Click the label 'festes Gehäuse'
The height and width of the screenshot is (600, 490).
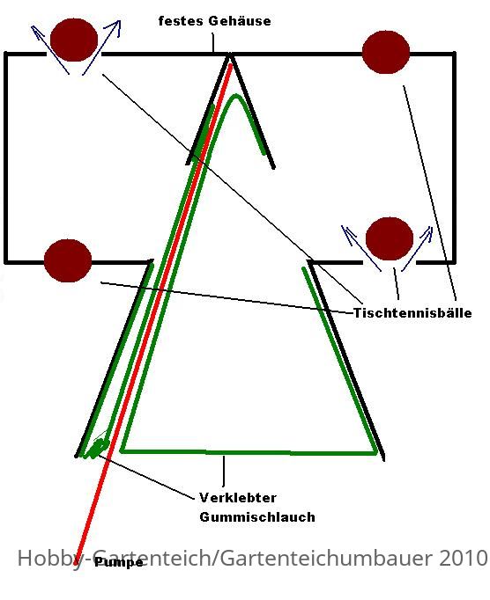coord(214,20)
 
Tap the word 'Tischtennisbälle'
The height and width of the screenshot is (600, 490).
coord(412,312)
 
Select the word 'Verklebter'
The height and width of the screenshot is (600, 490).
coord(238,497)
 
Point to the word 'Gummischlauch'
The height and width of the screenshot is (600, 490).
coord(257,517)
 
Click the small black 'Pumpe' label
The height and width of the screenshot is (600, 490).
coord(119,562)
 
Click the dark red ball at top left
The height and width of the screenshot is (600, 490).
coord(74,40)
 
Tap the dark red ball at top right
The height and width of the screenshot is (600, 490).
coord(386,52)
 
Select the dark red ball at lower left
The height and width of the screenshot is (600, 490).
coord(68,260)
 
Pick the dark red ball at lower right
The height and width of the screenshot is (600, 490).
coord(390,238)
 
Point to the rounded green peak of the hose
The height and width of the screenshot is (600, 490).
coord(235,97)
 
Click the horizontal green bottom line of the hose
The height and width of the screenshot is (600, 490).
coord(249,452)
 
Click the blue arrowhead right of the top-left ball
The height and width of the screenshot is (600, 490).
coord(115,26)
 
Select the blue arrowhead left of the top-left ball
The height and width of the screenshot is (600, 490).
coord(35,31)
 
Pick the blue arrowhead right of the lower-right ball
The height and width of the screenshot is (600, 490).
coord(427,232)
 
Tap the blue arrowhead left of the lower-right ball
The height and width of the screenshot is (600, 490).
coord(346,232)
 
